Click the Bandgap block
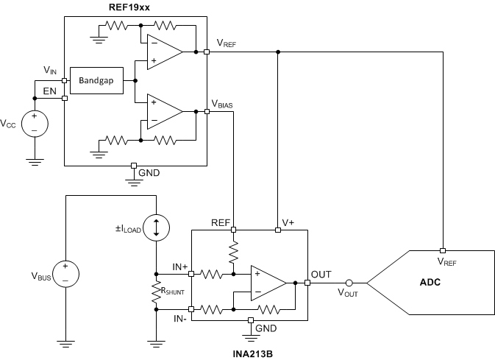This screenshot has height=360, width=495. (x=100, y=81)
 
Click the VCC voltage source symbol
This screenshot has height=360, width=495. (x=34, y=123)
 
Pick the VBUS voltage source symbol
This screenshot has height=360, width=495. (x=65, y=276)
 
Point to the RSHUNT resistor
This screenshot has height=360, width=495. (x=157, y=292)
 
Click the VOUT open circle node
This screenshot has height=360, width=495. (x=349, y=283)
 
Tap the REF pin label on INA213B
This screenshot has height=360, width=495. (x=220, y=222)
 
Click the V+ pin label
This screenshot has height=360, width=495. (x=289, y=222)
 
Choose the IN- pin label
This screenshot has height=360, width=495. (x=180, y=318)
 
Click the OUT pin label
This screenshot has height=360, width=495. (x=321, y=274)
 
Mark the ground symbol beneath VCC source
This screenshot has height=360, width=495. (x=34, y=161)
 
